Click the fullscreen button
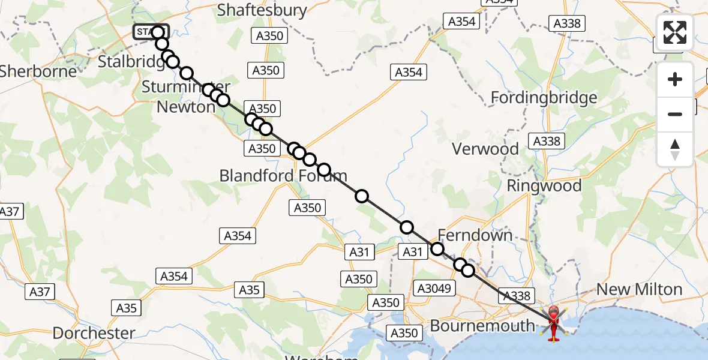tap(675, 32)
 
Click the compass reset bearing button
tap(675, 149)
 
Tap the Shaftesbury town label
tap(262, 10)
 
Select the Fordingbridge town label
tap(544, 97)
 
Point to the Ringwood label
tap(544, 185)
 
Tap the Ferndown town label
tap(475, 235)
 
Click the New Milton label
tap(639, 290)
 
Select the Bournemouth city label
tap(482, 326)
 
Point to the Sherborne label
tap(38, 71)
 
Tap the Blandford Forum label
tap(283, 176)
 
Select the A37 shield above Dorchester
tap(40, 292)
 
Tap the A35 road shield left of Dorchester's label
tap(126, 308)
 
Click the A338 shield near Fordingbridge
tap(546, 141)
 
